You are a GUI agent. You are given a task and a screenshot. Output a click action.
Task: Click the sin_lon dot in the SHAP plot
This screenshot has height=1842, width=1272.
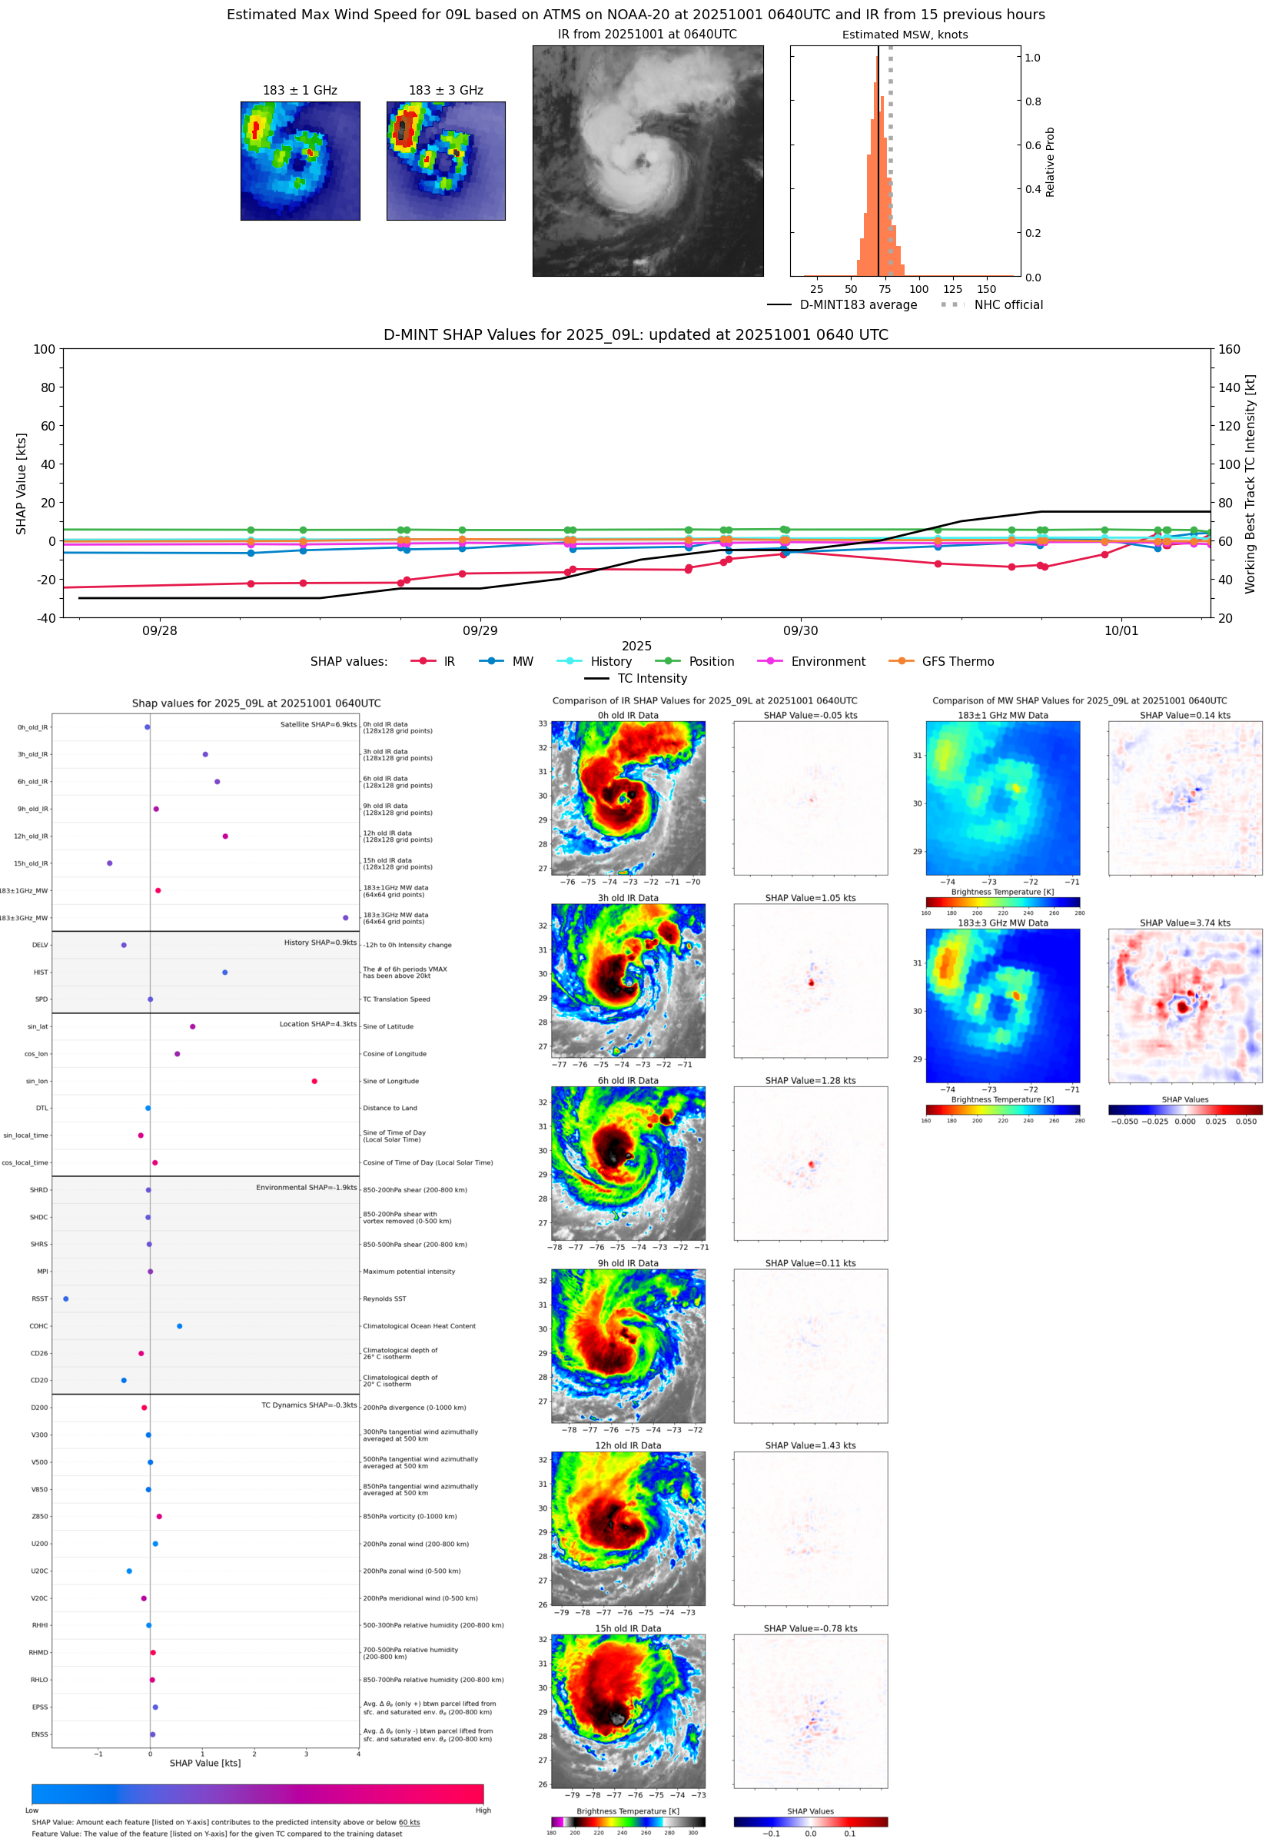pyautogui.click(x=314, y=1081)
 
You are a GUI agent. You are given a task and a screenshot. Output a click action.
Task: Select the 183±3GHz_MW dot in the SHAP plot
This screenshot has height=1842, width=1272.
pyautogui.click(x=345, y=917)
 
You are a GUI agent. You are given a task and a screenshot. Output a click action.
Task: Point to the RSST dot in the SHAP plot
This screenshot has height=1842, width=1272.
pyautogui.click(x=65, y=1298)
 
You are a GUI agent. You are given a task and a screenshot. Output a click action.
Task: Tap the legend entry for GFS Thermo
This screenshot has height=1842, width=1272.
pyautogui.click(x=957, y=662)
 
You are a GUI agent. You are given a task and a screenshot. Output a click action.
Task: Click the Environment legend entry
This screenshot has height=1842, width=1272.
pyautogui.click(x=827, y=662)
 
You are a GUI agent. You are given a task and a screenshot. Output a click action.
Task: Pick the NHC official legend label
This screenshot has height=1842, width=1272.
pyautogui.click(x=1008, y=304)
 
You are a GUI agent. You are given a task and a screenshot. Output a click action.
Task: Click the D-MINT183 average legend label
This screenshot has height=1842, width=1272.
pyautogui.click(x=858, y=304)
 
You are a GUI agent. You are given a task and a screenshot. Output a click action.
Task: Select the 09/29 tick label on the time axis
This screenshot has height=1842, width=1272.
pyautogui.click(x=480, y=630)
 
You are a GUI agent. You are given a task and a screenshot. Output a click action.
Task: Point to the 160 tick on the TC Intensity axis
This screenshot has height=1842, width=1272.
pyautogui.click(x=1229, y=349)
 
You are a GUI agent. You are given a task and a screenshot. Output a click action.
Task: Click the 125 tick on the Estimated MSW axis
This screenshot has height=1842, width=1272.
pyautogui.click(x=952, y=289)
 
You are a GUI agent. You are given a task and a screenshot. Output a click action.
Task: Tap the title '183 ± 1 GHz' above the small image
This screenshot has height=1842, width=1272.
pyautogui.click(x=300, y=90)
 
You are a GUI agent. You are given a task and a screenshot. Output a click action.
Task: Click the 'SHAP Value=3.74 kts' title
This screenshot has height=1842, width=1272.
pyautogui.click(x=1184, y=923)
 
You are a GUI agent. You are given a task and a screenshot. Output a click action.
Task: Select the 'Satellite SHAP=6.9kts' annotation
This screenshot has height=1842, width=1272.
pyautogui.click(x=318, y=724)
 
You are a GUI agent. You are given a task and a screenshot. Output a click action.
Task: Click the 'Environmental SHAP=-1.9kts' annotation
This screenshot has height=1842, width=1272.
pyautogui.click(x=306, y=1188)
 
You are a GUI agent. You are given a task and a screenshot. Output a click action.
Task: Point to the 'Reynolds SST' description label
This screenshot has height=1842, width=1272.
pyautogui.click(x=384, y=1298)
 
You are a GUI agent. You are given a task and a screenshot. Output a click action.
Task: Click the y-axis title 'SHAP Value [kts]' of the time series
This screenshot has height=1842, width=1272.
pyautogui.click(x=22, y=483)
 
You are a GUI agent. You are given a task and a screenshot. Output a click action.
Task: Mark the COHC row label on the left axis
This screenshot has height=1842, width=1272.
pyautogui.click(x=38, y=1326)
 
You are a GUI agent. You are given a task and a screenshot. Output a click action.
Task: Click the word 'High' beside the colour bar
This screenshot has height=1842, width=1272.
pyautogui.click(x=483, y=1810)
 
